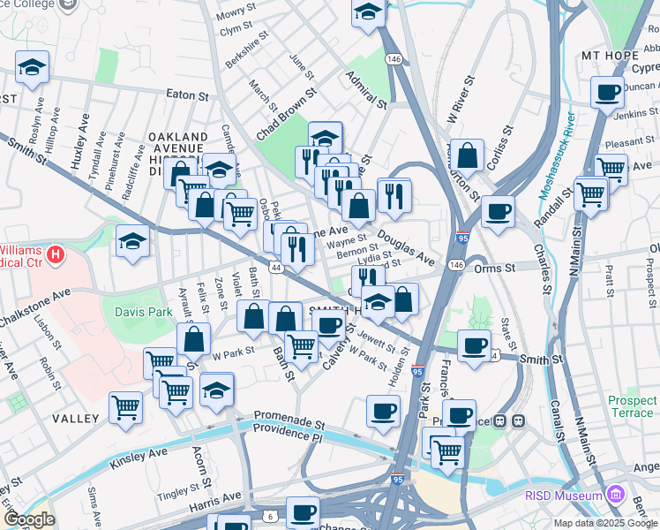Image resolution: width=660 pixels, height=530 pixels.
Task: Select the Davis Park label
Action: (x=143, y=311)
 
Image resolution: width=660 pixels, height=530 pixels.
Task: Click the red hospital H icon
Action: (x=56, y=256)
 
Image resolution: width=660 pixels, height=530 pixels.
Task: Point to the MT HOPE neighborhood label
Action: (x=610, y=55)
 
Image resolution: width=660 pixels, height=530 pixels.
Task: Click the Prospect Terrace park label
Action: (x=632, y=406)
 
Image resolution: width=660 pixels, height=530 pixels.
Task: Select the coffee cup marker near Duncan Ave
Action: (x=606, y=92)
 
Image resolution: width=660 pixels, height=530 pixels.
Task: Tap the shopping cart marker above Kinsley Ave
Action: (x=126, y=407)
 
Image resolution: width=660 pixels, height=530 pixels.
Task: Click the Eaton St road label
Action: (x=191, y=95)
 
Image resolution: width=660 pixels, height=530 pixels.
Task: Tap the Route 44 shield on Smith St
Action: (x=276, y=267)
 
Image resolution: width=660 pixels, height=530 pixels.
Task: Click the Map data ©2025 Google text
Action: (x=605, y=523)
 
